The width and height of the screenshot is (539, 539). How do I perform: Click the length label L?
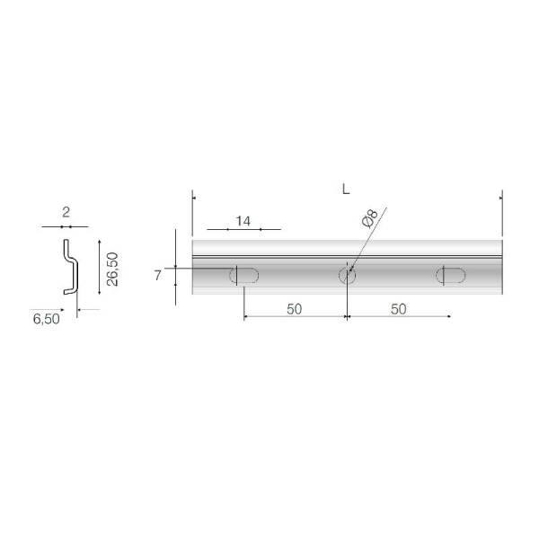tap(346, 189)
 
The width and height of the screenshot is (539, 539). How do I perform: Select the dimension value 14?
tap(243, 221)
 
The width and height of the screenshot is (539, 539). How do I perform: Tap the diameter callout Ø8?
tap(370, 218)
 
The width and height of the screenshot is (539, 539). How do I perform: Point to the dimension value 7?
tap(157, 276)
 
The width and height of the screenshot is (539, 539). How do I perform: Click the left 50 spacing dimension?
tap(295, 309)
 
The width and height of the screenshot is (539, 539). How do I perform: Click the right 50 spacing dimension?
tap(398, 309)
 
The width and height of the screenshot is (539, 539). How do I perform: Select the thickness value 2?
tap(66, 212)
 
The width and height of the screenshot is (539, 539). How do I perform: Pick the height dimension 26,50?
tap(112, 269)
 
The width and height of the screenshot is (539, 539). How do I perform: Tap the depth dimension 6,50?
tap(47, 319)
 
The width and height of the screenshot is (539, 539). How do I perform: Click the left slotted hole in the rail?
tap(244, 276)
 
